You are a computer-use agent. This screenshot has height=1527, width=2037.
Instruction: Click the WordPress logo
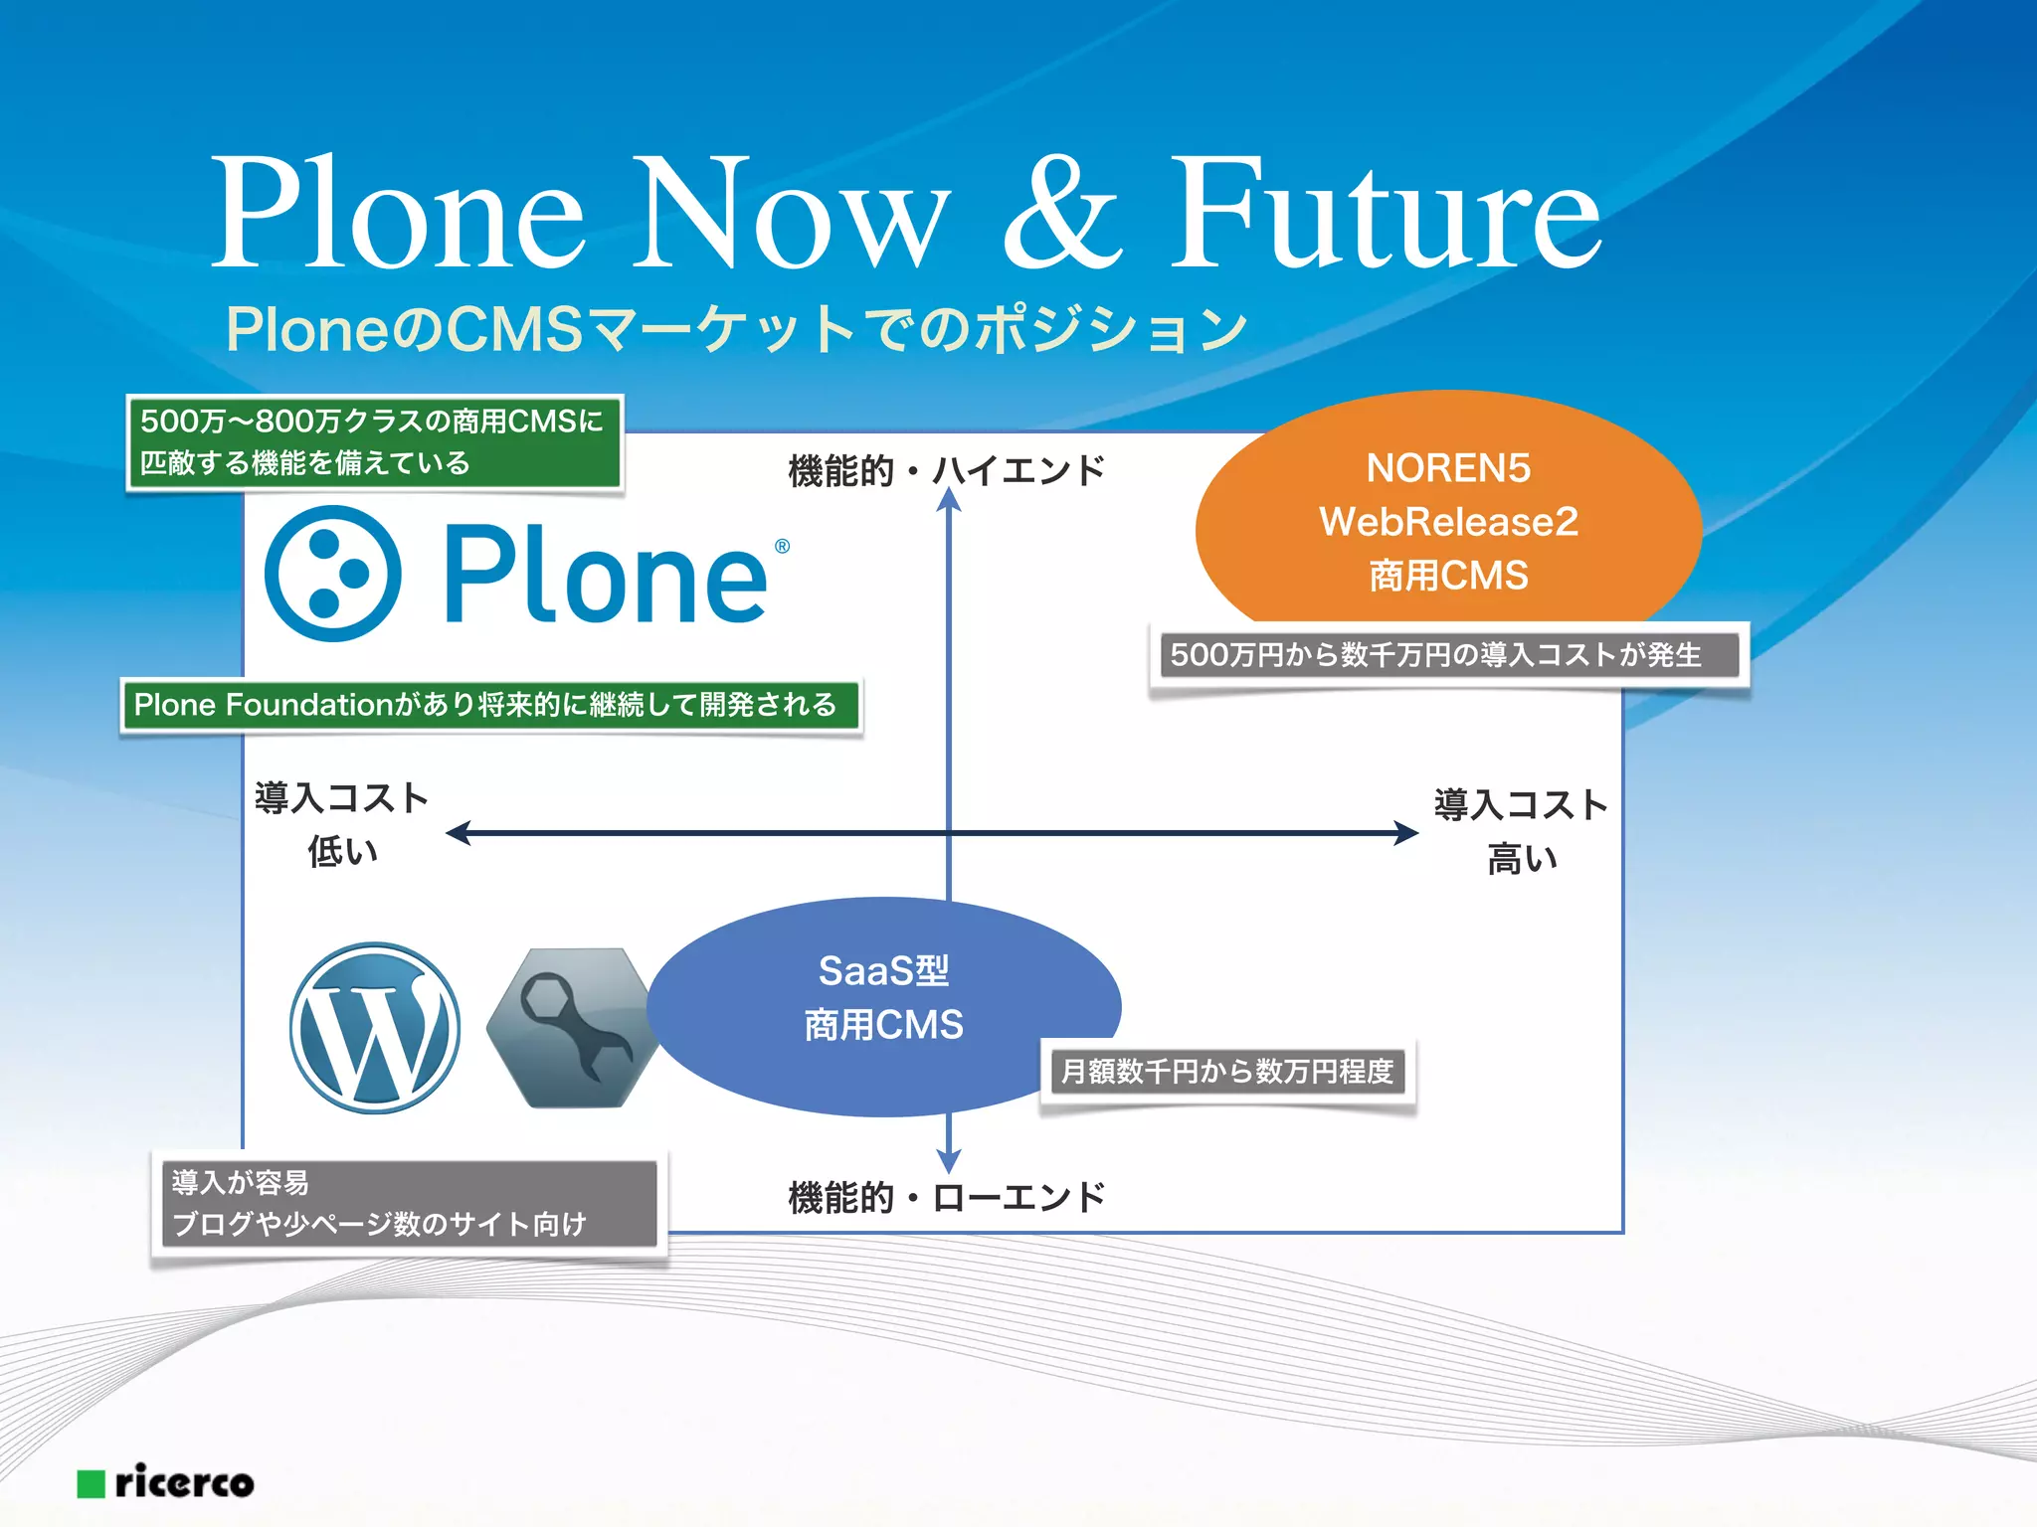tap(375, 1028)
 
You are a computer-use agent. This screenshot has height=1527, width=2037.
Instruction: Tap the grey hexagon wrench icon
tap(572, 1028)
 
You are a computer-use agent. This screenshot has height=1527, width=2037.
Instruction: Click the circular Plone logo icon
tap(333, 574)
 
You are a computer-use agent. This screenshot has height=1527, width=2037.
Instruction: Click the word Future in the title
tap(1385, 214)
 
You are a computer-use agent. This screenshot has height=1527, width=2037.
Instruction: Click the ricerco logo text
tap(185, 1482)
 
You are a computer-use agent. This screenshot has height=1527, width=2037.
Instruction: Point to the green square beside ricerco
tap(92, 1484)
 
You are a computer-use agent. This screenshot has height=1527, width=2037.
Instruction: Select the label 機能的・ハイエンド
tap(946, 470)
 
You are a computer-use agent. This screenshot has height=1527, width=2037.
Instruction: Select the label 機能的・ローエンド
tap(946, 1197)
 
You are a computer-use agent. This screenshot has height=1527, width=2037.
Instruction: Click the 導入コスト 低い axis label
tap(341, 824)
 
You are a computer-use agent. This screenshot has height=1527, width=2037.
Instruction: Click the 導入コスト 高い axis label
tap(1521, 831)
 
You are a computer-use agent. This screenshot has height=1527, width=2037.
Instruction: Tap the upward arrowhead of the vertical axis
tap(949, 500)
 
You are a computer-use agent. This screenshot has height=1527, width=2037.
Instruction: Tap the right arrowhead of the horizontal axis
tap(1406, 833)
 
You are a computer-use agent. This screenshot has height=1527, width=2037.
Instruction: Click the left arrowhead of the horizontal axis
tap(459, 833)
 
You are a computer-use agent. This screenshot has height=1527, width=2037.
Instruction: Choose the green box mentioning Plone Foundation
tap(489, 706)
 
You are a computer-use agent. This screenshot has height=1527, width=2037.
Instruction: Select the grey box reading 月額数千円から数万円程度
tap(1227, 1072)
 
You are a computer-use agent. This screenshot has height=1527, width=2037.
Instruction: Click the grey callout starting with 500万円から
tap(1448, 655)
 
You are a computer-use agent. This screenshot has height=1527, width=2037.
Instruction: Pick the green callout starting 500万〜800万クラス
tap(374, 441)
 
